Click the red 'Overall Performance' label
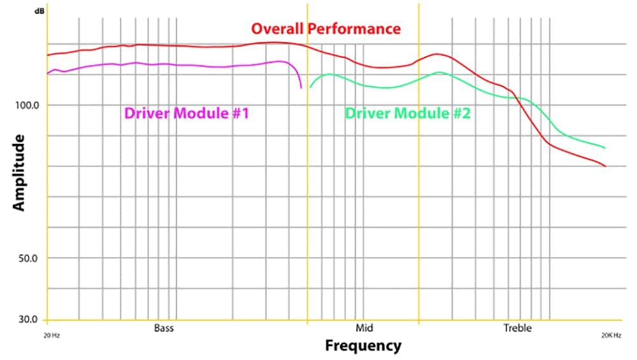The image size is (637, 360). (326, 29)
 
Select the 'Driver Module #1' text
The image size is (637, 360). (186, 113)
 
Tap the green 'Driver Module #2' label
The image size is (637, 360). (408, 113)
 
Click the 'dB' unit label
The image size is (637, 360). (39, 11)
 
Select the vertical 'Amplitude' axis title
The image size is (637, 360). (19, 172)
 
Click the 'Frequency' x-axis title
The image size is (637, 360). (363, 346)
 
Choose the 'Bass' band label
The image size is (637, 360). (164, 328)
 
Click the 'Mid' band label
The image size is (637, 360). (364, 328)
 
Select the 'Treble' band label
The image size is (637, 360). (517, 328)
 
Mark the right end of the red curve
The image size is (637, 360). (605, 166)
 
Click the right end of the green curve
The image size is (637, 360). (604, 148)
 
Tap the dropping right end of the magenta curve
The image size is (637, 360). (301, 87)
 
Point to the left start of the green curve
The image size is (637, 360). (310, 87)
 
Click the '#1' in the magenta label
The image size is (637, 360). (236, 113)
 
